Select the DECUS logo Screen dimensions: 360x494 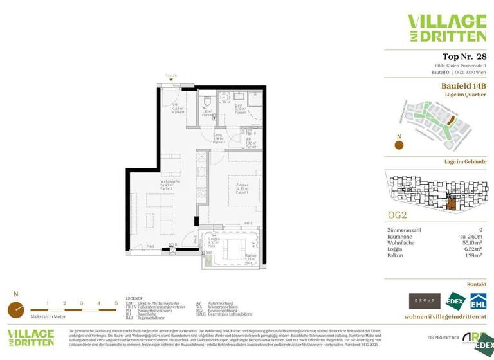pyautogui.click(x=425, y=301)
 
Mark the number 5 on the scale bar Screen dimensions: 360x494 pyautogui.click(x=116, y=302)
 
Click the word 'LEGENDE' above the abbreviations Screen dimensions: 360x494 pyautogui.click(x=134, y=299)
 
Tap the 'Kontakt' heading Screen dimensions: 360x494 pyautogui.click(x=476, y=283)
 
